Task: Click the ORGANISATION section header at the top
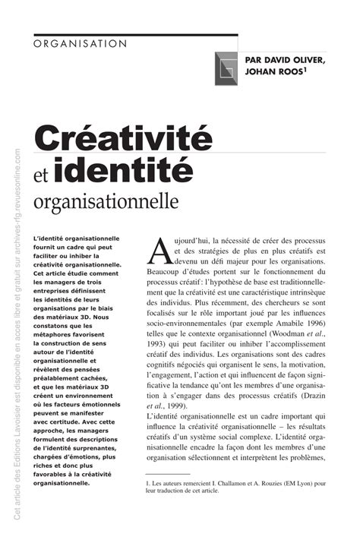[81, 44]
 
